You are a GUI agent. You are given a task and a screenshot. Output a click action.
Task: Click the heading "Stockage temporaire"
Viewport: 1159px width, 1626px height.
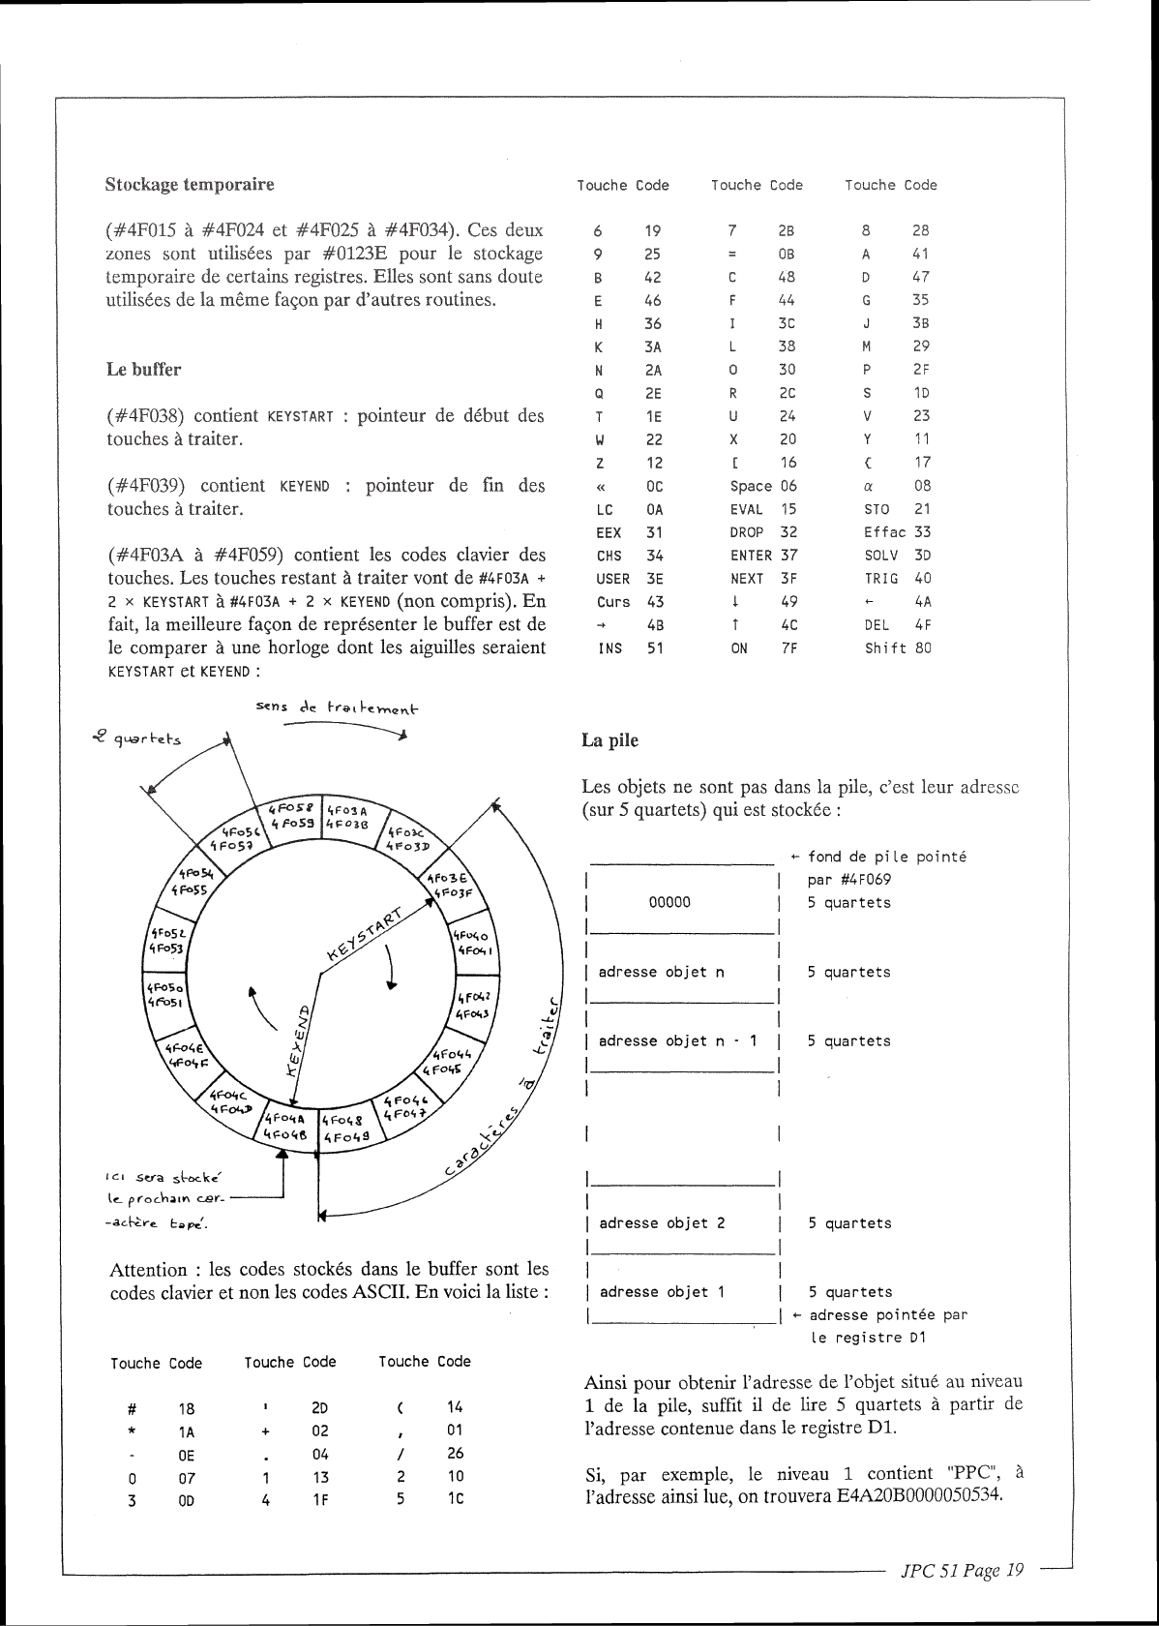click(190, 184)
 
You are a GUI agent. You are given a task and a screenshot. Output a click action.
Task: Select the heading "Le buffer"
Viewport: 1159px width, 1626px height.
click(143, 369)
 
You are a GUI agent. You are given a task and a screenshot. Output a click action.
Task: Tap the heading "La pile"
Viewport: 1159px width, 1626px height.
click(609, 740)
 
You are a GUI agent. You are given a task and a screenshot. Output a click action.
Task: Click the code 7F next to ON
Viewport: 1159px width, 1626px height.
click(788, 648)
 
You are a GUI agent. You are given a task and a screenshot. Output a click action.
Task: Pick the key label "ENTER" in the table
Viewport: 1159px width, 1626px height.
click(751, 556)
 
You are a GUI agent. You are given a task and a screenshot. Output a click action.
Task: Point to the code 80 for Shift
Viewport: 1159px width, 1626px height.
click(922, 648)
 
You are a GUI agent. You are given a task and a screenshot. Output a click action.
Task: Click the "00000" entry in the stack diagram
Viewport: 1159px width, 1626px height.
click(669, 902)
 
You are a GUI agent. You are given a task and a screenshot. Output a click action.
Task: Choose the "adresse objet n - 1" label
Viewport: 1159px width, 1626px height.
click(677, 1041)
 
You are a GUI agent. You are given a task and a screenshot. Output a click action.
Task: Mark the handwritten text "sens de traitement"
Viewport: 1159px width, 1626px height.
click(337, 708)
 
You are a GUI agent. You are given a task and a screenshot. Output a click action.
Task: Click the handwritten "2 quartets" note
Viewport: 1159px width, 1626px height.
click(133, 739)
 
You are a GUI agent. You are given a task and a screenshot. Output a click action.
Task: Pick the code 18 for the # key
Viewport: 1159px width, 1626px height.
click(187, 1409)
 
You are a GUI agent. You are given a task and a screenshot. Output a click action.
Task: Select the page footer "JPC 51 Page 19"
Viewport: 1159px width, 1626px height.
click(962, 1570)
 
